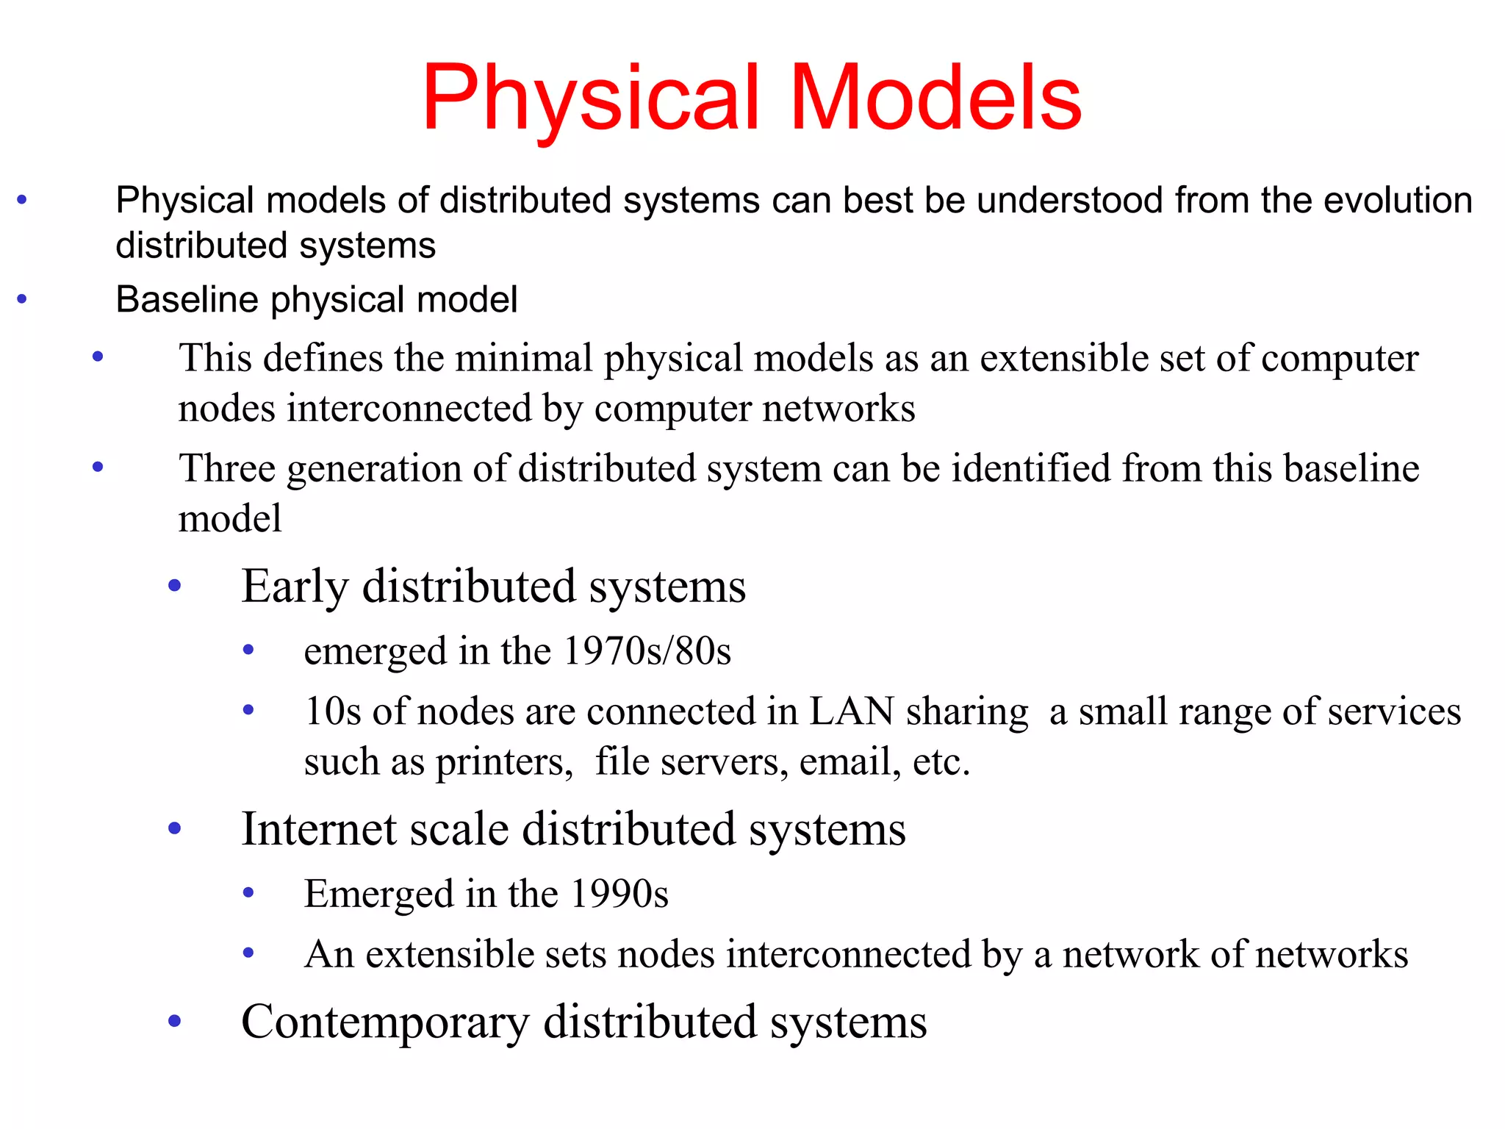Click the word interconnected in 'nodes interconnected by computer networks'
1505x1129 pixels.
tap(409, 409)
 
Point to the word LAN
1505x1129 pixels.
tap(851, 712)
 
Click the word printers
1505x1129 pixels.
tap(504, 761)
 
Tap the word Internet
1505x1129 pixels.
tap(319, 829)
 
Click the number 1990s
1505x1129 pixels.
tap(619, 894)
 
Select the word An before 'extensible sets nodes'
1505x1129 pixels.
tap(329, 954)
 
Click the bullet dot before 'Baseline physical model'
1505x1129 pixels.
tap(22, 299)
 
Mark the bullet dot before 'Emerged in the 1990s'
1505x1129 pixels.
tap(248, 893)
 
